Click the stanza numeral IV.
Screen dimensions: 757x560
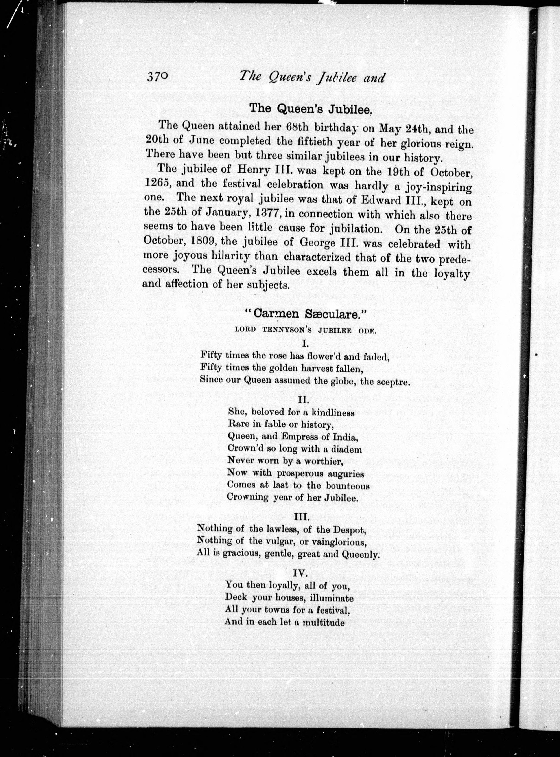click(x=300, y=573)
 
